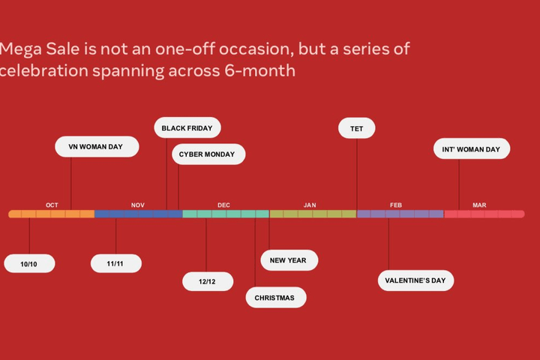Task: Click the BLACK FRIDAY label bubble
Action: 187,127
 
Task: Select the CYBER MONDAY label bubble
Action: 208,154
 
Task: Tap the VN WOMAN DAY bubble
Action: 97,147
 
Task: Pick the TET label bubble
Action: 357,128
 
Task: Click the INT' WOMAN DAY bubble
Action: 472,148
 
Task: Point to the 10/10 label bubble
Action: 29,263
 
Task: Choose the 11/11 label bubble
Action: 116,263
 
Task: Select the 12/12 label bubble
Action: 208,281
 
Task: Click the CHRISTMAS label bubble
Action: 276,297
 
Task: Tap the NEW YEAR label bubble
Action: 289,260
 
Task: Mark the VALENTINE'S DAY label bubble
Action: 415,280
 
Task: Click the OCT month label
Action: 52,205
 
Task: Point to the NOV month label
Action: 138,205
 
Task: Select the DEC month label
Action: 223,205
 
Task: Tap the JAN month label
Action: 310,205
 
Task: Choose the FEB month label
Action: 396,205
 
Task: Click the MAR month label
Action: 479,205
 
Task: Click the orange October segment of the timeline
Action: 51,214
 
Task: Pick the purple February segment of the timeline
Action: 400,214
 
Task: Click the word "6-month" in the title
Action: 260,70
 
